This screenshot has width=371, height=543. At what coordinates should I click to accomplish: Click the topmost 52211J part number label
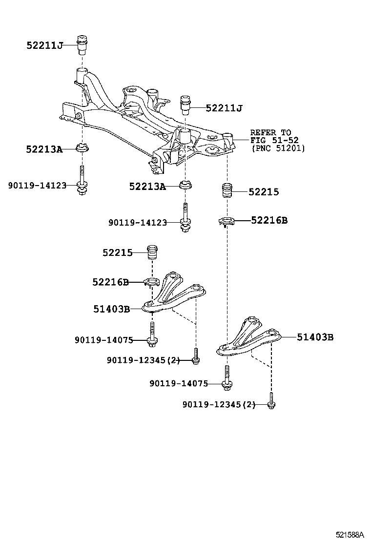click(45, 45)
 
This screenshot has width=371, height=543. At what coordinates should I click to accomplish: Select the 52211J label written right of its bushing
click(224, 108)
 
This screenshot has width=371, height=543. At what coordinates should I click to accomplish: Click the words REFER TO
click(270, 132)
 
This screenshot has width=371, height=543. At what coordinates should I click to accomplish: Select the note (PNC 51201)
click(278, 148)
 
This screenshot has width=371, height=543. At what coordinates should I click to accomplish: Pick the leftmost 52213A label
click(44, 149)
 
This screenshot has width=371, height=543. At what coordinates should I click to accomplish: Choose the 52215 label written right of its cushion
click(264, 192)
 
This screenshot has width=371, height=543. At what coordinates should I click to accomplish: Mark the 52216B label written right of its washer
click(269, 220)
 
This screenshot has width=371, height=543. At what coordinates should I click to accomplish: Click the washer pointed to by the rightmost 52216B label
click(227, 222)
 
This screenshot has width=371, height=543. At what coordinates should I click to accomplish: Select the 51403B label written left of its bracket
click(111, 309)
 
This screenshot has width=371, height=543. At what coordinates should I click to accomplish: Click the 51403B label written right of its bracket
click(315, 337)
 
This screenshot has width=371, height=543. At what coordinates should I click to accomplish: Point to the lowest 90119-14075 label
click(179, 384)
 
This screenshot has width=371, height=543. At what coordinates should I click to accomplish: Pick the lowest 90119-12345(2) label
click(219, 404)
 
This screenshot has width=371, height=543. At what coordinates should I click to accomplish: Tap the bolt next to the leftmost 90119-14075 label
click(153, 334)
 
